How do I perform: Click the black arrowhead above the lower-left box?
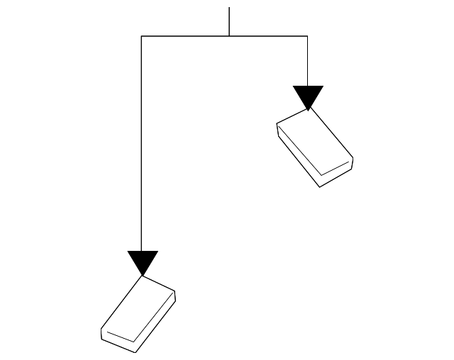[143, 261]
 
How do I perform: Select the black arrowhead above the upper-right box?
[308, 96]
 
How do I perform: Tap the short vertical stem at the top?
[229, 21]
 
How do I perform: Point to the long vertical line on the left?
[142, 142]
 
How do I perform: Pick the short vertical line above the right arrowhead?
[307, 60]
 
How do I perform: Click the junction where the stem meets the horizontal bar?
[229, 35]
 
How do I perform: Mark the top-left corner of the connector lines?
[142, 35]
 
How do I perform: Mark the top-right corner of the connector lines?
[307, 35]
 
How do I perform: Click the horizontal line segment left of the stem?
[184, 35]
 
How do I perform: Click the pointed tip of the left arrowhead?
[143, 275]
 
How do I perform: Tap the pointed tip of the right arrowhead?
[308, 110]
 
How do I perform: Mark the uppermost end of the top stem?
[229, 8]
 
